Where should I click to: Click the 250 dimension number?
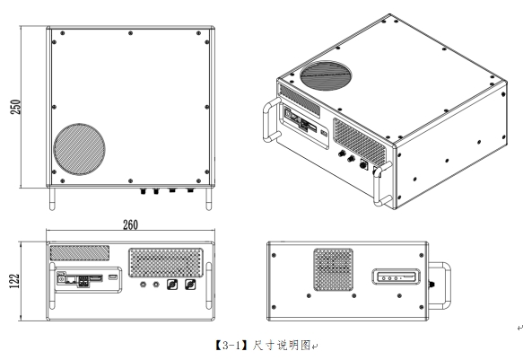(15, 107)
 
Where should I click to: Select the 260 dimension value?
(130, 224)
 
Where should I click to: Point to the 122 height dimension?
(15, 281)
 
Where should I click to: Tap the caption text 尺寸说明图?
(282, 346)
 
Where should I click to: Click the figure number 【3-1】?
(231, 346)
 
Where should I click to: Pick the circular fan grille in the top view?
(79, 149)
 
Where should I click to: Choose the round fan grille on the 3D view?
(326, 75)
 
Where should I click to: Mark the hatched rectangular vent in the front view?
(79, 253)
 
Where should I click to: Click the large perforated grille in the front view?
(166, 262)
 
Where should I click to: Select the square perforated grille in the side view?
(333, 269)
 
